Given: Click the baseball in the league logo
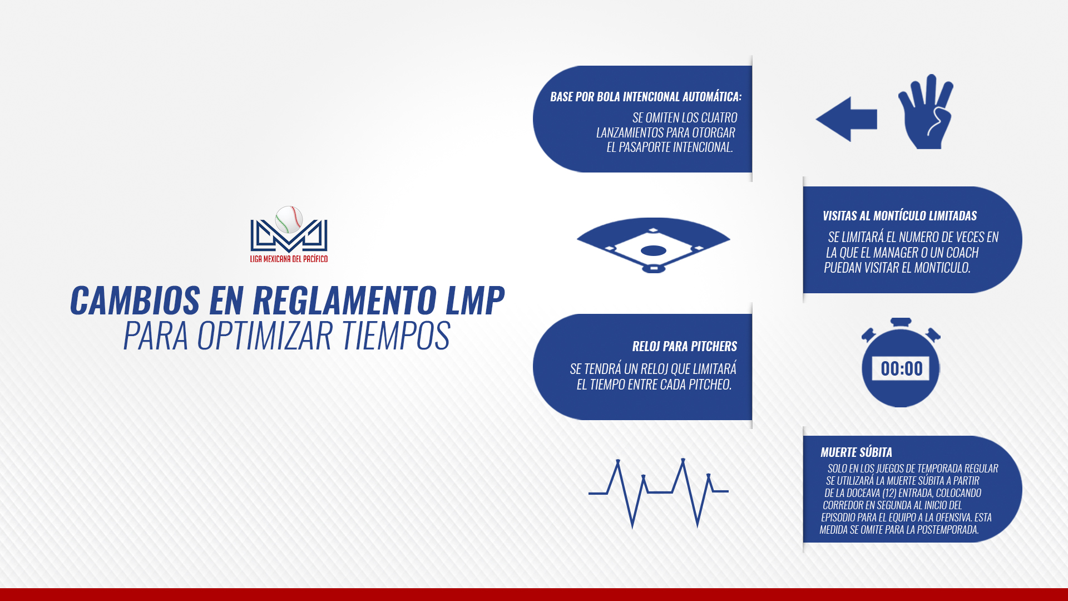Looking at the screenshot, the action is click(x=289, y=219).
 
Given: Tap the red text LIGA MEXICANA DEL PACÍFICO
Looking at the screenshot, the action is click(x=289, y=259).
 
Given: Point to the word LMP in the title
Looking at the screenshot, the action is click(x=475, y=300).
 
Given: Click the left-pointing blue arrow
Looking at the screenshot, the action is click(x=846, y=119).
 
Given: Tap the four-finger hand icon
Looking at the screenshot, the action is click(x=926, y=111).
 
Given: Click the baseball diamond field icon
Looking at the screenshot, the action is click(x=654, y=245).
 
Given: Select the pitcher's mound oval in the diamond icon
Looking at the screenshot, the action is click(x=654, y=250).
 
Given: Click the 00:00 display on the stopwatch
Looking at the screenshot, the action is click(x=901, y=368).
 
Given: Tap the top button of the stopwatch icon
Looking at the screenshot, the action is click(x=901, y=322).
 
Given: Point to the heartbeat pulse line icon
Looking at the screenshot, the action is click(x=659, y=493).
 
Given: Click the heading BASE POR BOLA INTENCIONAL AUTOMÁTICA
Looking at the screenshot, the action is click(x=646, y=97).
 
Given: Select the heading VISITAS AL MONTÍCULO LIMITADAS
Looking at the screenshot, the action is click(x=899, y=215).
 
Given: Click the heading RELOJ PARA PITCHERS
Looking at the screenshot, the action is click(x=685, y=346).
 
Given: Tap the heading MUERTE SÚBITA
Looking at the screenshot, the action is click(x=856, y=452).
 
